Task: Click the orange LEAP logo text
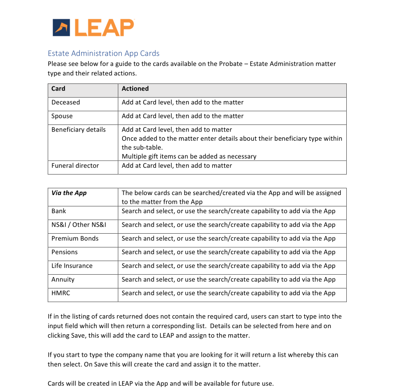point(104,27)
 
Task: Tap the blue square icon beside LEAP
point(62,28)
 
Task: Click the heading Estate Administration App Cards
point(104,53)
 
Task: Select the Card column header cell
point(58,89)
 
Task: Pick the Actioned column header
point(135,89)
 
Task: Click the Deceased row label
point(66,103)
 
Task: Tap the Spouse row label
point(62,116)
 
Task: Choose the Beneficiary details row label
point(79,130)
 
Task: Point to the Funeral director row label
point(75,166)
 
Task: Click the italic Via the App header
point(69,193)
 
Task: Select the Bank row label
point(59,211)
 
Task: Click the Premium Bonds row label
point(75,239)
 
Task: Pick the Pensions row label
point(64,252)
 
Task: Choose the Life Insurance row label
point(72,266)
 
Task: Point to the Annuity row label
point(63,280)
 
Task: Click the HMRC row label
point(61,293)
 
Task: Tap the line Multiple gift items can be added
point(189,156)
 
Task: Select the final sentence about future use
point(161,383)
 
